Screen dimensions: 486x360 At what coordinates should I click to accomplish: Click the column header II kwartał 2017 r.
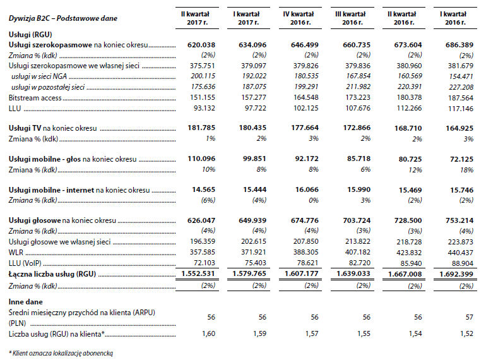(x=196, y=18)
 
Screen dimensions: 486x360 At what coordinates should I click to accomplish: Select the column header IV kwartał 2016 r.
(x=299, y=18)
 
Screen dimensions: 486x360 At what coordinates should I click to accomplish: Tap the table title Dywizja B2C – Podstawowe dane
(x=63, y=18)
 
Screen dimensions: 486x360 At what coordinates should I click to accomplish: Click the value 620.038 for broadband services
(x=201, y=45)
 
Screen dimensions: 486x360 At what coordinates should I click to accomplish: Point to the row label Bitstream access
(x=35, y=98)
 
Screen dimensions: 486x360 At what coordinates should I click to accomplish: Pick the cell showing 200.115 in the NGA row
(x=203, y=76)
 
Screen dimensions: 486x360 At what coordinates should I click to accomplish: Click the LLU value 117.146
(x=461, y=109)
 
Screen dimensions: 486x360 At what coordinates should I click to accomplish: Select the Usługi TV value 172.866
(x=357, y=128)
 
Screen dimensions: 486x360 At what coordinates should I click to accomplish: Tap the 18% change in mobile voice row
(x=466, y=170)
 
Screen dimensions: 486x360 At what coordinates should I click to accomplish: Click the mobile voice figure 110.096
(x=201, y=159)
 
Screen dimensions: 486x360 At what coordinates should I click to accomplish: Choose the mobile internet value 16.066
(x=307, y=189)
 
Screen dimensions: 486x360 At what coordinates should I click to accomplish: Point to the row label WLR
(x=16, y=253)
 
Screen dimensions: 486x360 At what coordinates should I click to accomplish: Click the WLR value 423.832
(x=409, y=253)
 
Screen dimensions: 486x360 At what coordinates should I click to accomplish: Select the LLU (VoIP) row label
(x=25, y=263)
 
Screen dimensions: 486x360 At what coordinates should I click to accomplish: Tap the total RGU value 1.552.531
(x=198, y=274)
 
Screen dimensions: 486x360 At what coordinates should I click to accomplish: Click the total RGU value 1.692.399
(x=456, y=274)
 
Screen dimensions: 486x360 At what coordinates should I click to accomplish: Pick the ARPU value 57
(x=469, y=317)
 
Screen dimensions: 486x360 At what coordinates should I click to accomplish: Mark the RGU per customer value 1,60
(x=208, y=333)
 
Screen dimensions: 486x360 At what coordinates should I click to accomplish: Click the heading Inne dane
(x=26, y=302)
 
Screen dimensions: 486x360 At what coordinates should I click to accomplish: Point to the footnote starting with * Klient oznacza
(x=61, y=353)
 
